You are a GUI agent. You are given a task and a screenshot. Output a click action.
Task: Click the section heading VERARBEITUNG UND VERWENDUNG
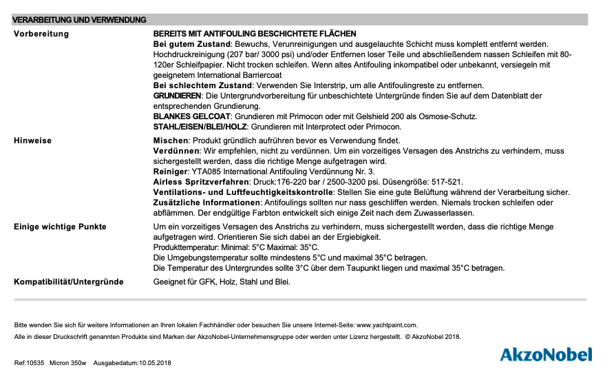[80, 20]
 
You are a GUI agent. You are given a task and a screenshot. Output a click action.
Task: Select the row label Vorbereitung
[41, 34]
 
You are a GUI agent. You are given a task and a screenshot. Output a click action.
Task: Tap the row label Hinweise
[32, 141]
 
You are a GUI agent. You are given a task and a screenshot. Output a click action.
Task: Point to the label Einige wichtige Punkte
[60, 227]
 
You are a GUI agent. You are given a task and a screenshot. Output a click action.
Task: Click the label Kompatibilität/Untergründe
[69, 282]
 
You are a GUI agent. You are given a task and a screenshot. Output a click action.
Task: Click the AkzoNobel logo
[545, 355]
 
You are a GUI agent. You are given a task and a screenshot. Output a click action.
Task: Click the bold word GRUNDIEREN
[177, 96]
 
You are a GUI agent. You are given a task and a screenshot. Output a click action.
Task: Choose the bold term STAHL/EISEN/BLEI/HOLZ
[200, 127]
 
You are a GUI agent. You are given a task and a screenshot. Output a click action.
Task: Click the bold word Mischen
[169, 141]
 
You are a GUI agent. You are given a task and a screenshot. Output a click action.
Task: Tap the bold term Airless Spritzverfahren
[199, 182]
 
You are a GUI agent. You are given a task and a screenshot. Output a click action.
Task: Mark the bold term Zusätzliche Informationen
[206, 203]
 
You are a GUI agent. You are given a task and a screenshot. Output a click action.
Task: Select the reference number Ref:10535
[29, 362]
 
